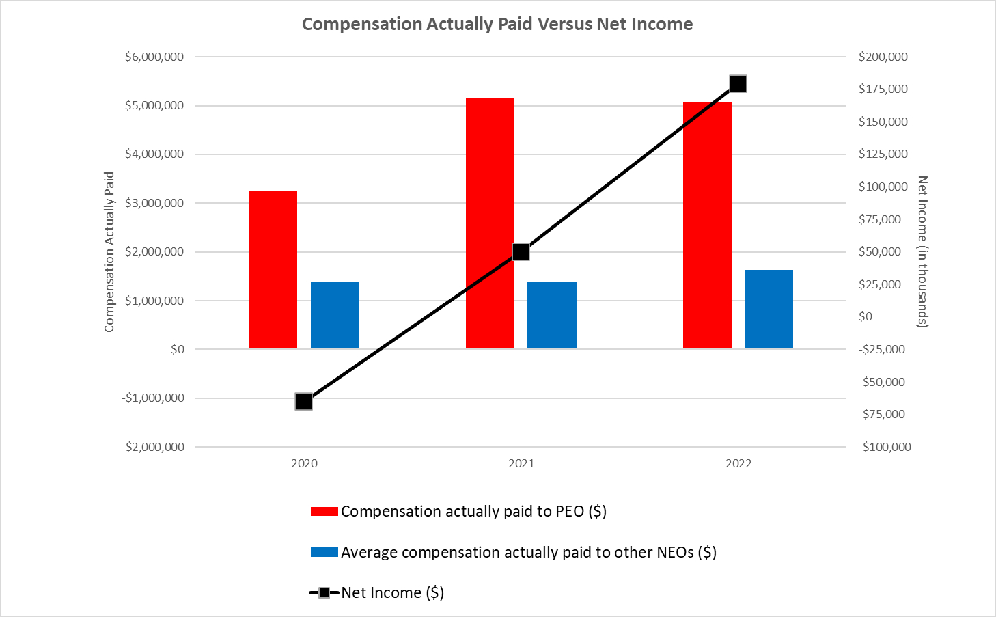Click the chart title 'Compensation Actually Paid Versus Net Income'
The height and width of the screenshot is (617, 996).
click(497, 24)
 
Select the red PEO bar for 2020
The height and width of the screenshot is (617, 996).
click(273, 270)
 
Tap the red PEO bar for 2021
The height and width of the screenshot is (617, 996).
click(490, 223)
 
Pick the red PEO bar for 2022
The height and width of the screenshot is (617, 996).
click(707, 225)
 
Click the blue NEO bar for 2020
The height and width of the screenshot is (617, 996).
click(335, 316)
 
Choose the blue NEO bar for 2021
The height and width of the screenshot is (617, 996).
click(552, 316)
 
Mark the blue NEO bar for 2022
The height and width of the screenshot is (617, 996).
click(769, 310)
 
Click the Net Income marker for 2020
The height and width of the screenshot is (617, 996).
click(303, 401)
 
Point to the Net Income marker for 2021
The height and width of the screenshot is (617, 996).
click(521, 251)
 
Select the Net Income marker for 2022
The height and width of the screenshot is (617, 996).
click(738, 84)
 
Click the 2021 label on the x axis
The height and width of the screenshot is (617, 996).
click(521, 463)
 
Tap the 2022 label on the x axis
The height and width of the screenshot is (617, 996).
click(738, 463)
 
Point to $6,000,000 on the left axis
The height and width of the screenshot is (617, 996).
click(154, 57)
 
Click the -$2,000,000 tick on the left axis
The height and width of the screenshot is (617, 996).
click(153, 447)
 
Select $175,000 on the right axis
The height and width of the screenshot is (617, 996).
click(883, 89)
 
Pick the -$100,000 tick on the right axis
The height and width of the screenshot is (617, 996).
click(885, 447)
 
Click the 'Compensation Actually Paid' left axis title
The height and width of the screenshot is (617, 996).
click(109, 252)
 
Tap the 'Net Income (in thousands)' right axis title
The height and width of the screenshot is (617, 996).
click(922, 252)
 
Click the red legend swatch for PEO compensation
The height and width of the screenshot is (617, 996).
click(324, 511)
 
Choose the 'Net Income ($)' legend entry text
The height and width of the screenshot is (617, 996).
click(393, 592)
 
